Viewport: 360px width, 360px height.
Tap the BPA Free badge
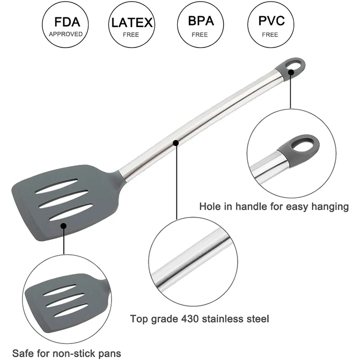tap(201, 26)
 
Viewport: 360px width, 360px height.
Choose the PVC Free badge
tap(271, 26)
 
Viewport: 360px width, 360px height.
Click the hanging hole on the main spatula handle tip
tap(294, 67)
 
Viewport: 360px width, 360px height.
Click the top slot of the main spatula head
tap(57, 186)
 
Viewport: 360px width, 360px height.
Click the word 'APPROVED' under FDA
tap(66, 34)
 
